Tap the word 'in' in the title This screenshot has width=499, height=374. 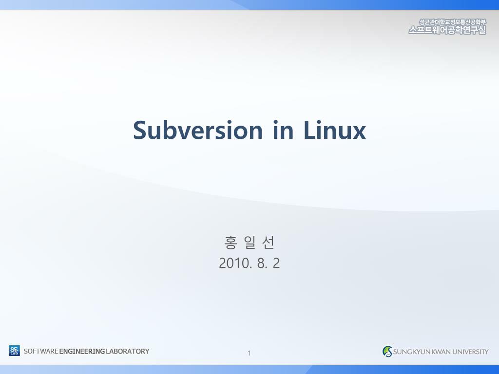(x=283, y=130)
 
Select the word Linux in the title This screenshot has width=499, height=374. (x=334, y=130)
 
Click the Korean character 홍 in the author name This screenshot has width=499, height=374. (x=230, y=242)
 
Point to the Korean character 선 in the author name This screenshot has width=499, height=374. (x=268, y=242)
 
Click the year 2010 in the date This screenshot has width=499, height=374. (x=234, y=263)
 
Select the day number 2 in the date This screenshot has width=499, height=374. (x=276, y=263)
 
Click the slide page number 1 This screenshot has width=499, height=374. (x=249, y=353)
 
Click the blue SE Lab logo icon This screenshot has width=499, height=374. (x=15, y=351)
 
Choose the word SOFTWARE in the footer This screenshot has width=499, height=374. (x=41, y=351)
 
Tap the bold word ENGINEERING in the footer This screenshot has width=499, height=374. (x=82, y=351)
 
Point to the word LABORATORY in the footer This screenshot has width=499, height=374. (x=128, y=351)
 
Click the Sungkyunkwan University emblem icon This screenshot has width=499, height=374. (x=387, y=351)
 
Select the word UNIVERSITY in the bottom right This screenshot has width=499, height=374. (x=470, y=352)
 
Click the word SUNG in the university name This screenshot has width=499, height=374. (x=403, y=352)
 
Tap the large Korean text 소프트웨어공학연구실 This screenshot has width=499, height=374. (x=447, y=30)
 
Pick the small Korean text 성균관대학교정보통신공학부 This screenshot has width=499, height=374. (x=453, y=21)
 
